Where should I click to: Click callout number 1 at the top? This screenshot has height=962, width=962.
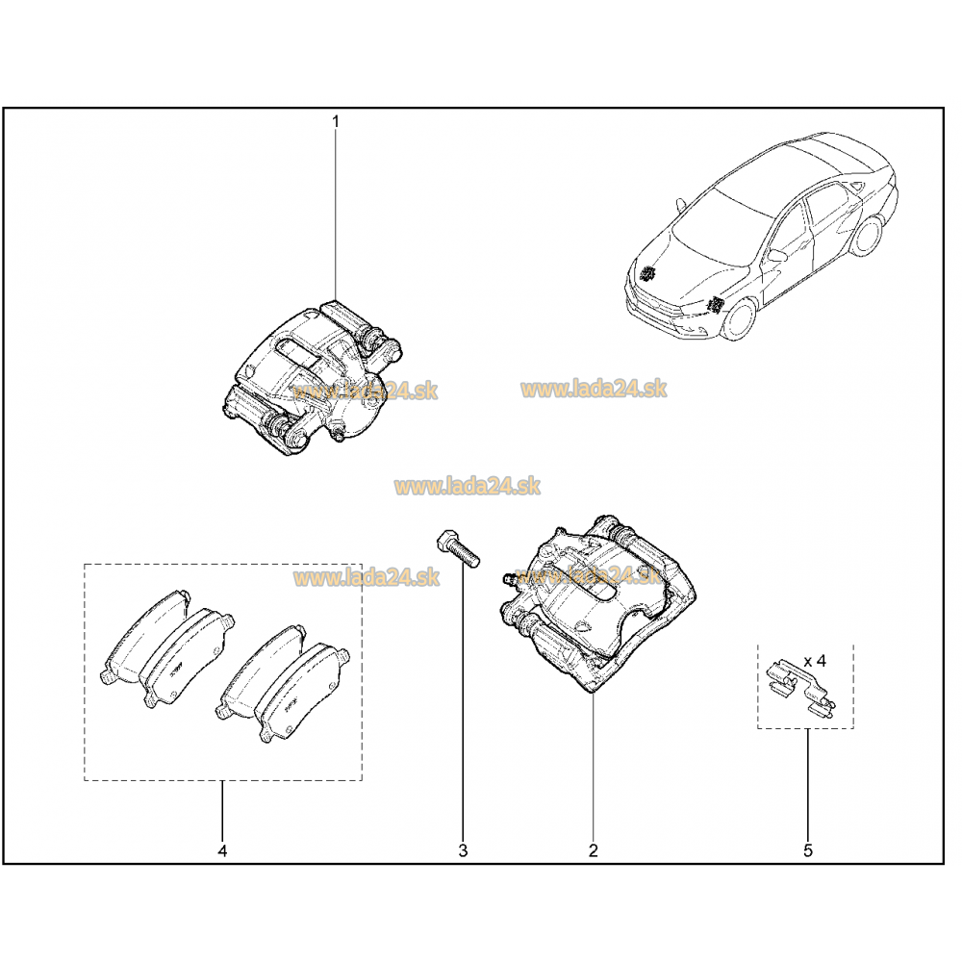pyautogui.click(x=336, y=122)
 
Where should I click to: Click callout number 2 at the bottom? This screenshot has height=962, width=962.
pyautogui.click(x=593, y=851)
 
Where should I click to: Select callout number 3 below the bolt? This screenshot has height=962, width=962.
pyautogui.click(x=464, y=851)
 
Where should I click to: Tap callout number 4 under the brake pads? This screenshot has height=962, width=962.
pyautogui.click(x=222, y=851)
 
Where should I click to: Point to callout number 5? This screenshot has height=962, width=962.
pyautogui.click(x=807, y=851)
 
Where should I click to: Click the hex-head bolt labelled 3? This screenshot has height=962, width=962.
pyautogui.click(x=458, y=548)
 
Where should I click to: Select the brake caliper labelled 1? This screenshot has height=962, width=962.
pyautogui.click(x=312, y=377)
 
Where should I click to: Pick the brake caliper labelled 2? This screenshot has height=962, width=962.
pyautogui.click(x=598, y=604)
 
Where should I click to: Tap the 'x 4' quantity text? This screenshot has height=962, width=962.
pyautogui.click(x=815, y=662)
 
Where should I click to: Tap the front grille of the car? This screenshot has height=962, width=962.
pyautogui.click(x=650, y=295)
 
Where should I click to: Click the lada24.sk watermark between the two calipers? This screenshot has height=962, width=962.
pyautogui.click(x=467, y=487)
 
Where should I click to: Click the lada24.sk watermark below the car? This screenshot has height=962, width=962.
pyautogui.click(x=594, y=389)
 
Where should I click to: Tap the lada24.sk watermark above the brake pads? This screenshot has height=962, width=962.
pyautogui.click(x=367, y=578)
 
